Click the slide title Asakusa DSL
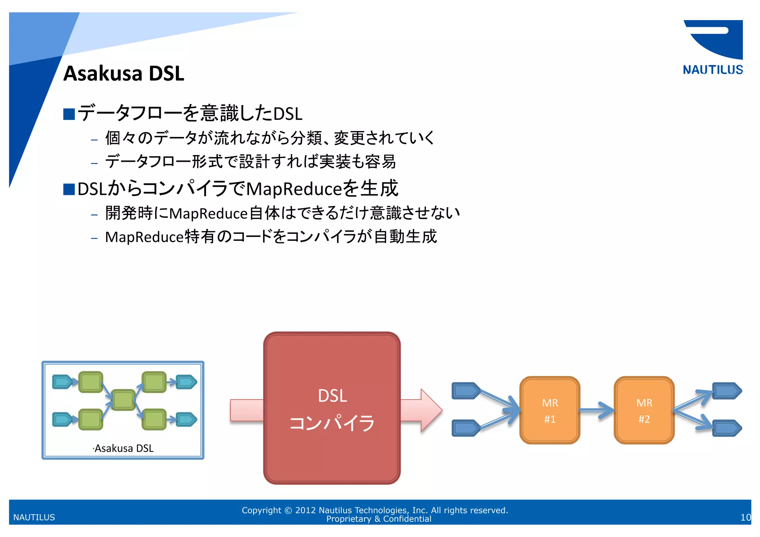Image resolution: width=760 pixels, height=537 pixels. [x=124, y=73]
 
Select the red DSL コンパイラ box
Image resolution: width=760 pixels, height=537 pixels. [x=332, y=408]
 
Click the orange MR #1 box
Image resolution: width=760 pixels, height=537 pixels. [x=550, y=410]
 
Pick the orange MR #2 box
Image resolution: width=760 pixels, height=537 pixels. [x=644, y=410]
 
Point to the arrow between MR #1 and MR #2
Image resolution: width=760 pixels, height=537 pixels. [x=597, y=410]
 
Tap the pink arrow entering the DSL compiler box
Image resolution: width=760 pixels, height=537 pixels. [x=246, y=410]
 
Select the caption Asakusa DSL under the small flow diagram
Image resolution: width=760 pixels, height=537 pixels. [x=124, y=448]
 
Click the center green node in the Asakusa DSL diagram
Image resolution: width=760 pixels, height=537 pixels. [x=123, y=400]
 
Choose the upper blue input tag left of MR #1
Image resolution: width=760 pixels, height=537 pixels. [x=466, y=391]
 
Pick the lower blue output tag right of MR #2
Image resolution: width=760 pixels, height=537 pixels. [x=727, y=428]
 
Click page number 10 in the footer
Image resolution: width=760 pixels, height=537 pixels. [x=745, y=517]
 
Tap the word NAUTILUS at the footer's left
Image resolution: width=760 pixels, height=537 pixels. [x=34, y=517]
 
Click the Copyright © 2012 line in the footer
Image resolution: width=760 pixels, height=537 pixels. [x=375, y=510]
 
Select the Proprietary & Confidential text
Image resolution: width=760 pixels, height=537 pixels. [x=379, y=519]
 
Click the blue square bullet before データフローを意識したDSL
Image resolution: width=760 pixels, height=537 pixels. [x=69, y=114]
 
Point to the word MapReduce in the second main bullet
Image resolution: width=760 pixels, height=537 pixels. [x=293, y=189]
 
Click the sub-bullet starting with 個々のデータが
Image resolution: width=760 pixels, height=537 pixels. [x=269, y=138]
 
